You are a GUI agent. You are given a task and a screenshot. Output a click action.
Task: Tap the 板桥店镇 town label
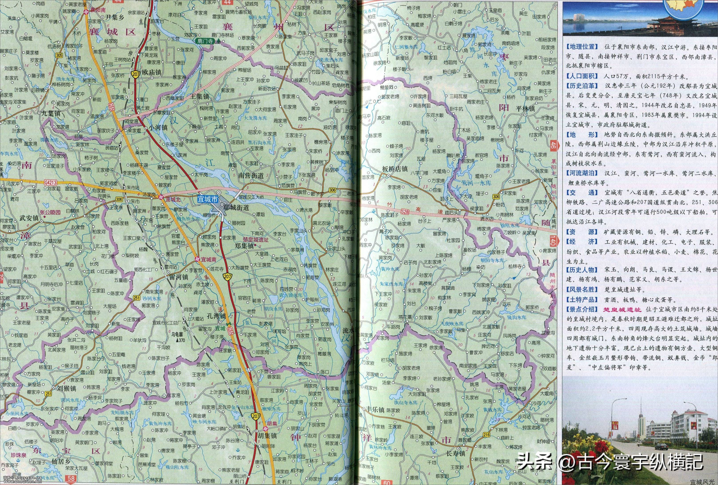(x=395, y=169)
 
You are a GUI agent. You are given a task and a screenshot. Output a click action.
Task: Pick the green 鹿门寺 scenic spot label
(x=206, y=41)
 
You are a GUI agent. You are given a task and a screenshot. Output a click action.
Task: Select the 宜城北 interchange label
(x=173, y=199)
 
